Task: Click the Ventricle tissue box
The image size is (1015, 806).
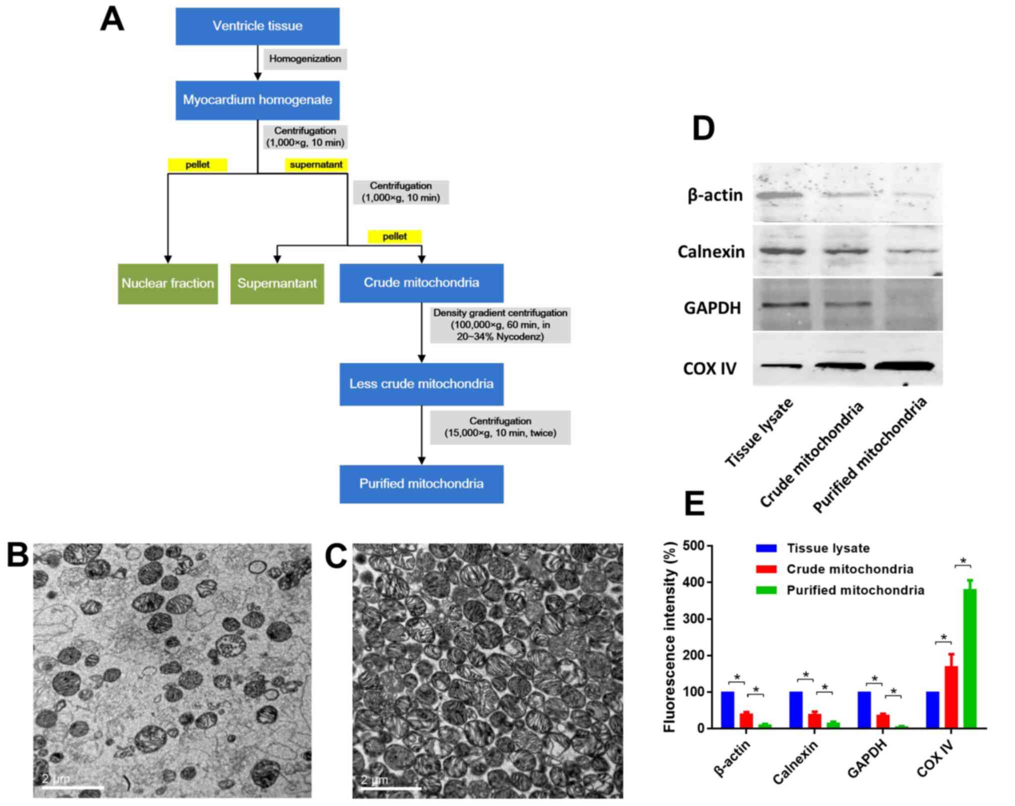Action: pos(257,26)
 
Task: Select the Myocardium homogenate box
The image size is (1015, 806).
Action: pos(257,100)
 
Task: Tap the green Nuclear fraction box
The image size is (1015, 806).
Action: pos(167,283)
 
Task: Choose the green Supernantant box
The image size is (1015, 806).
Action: pos(277,283)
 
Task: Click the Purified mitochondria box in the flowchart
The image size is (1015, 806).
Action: pos(421,484)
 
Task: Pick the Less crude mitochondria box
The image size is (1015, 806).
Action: pos(421,384)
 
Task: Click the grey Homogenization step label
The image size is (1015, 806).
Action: pos(305,59)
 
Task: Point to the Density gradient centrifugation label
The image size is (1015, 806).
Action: pos(500,325)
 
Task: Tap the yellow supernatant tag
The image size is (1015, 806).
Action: pos(316,165)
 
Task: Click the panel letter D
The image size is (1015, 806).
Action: pos(703,129)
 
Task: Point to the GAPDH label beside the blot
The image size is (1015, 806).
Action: pos(712,308)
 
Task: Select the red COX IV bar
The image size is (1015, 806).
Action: pos(951,697)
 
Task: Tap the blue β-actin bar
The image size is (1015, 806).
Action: pos(727,710)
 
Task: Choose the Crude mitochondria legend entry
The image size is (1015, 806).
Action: pos(850,569)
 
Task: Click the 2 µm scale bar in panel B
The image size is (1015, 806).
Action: pos(73,788)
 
